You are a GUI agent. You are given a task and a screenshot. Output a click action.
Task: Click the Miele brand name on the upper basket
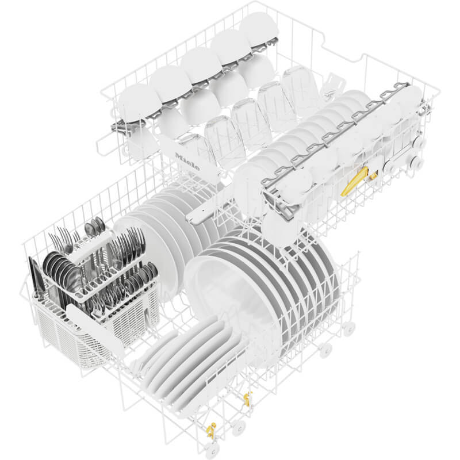187,162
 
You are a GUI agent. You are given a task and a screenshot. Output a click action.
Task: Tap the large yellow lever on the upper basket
354,181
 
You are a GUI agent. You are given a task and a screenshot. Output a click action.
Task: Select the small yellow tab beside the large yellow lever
373,176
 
